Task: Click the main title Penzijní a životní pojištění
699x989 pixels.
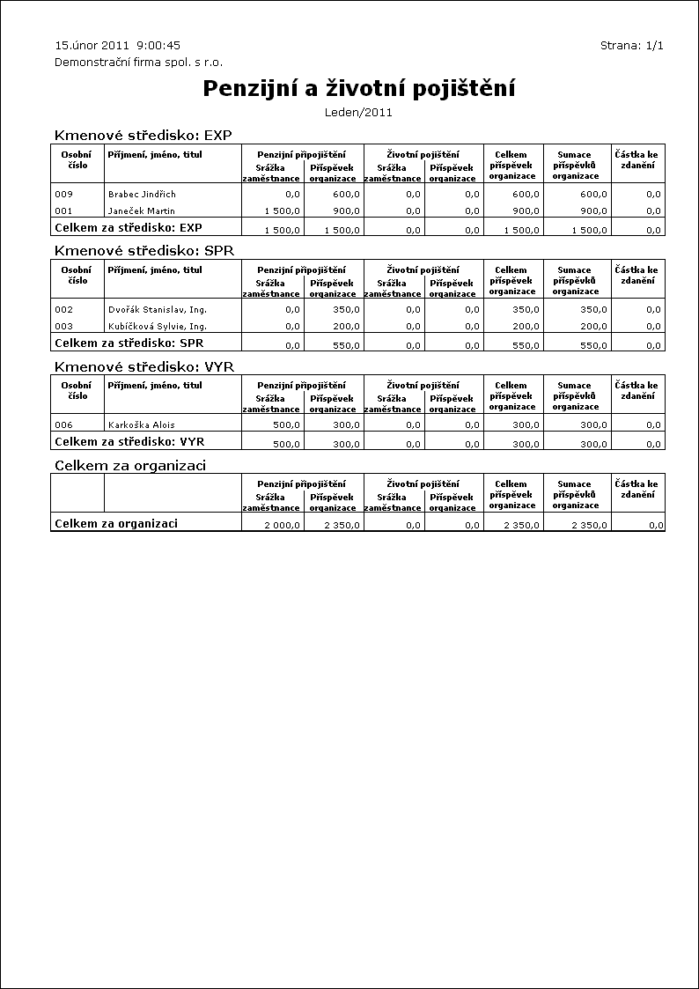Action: pyautogui.click(x=358, y=88)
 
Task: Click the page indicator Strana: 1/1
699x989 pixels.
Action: pyautogui.click(x=631, y=45)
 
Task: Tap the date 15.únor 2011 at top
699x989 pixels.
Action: pyautogui.click(x=92, y=45)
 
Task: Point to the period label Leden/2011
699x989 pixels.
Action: pyautogui.click(x=358, y=112)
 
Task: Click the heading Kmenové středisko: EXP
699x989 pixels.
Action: pyautogui.click(x=143, y=136)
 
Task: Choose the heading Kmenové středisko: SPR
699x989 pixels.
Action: pyautogui.click(x=143, y=251)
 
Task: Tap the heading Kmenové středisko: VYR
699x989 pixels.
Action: pyautogui.click(x=143, y=366)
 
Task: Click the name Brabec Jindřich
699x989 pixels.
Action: pyautogui.click(x=142, y=194)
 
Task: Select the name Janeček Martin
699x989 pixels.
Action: pyautogui.click(x=141, y=211)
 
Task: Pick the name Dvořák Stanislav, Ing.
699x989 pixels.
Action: pyautogui.click(x=157, y=310)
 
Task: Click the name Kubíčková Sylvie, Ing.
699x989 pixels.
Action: pyautogui.click(x=157, y=327)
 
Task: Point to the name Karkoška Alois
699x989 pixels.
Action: pyautogui.click(x=141, y=425)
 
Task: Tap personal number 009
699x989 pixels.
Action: pyautogui.click(x=63, y=194)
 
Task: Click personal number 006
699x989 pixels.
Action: pyautogui.click(x=63, y=425)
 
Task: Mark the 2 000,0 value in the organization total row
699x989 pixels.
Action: pyautogui.click(x=282, y=525)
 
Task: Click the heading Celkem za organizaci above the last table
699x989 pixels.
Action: pyautogui.click(x=130, y=465)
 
